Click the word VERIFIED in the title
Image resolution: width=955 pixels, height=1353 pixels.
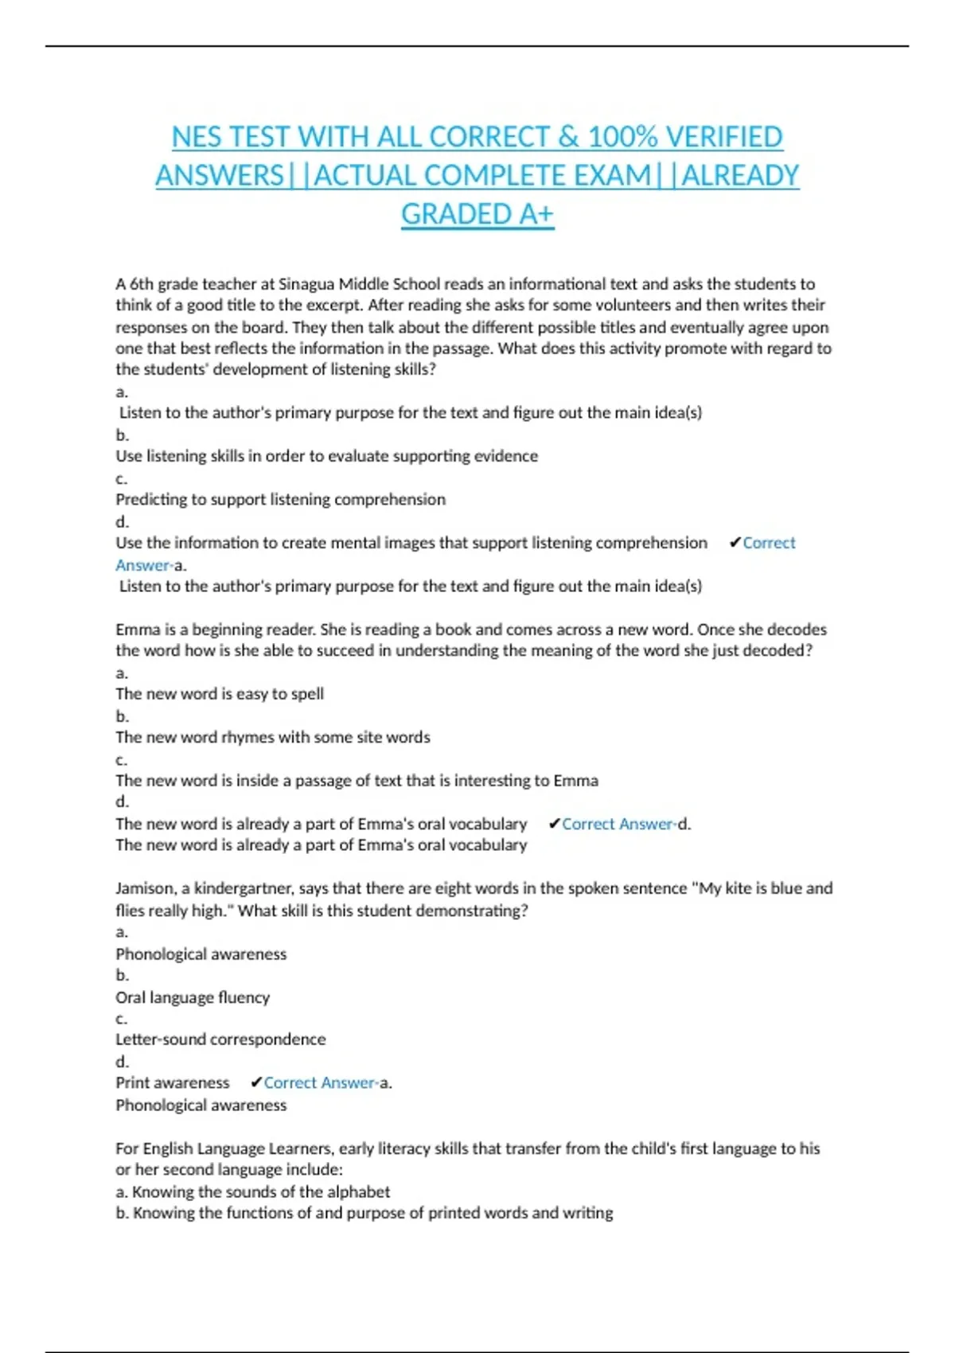coord(723,137)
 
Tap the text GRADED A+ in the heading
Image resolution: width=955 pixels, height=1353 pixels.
coord(477,214)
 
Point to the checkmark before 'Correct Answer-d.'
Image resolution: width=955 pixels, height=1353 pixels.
coord(555,825)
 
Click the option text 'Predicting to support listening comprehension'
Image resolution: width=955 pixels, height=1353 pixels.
coord(280,500)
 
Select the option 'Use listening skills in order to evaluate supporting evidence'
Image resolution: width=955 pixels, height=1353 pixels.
coord(326,456)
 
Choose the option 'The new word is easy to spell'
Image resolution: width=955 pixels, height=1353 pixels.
coord(220,694)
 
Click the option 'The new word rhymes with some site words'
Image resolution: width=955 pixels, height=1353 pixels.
coord(272,738)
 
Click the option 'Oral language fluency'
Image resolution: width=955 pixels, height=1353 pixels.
coord(193,997)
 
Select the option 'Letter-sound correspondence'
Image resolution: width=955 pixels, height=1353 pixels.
coord(220,1039)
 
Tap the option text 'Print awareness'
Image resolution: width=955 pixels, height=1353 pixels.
coord(172,1083)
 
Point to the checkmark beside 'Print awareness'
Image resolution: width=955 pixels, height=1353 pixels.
coord(255,1083)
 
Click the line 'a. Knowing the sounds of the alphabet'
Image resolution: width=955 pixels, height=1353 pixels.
coord(252,1192)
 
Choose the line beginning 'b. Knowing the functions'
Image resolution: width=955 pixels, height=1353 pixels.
coord(364,1213)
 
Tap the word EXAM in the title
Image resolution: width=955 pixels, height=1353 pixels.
coord(611,175)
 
